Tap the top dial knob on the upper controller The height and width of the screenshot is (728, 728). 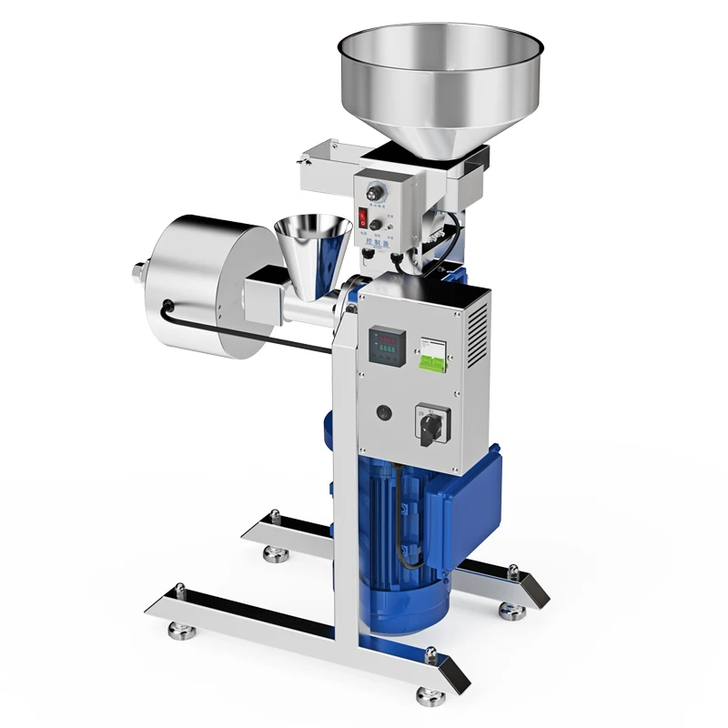372,194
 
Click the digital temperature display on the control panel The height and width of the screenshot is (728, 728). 386,345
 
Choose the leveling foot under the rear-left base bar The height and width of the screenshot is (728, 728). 268,551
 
